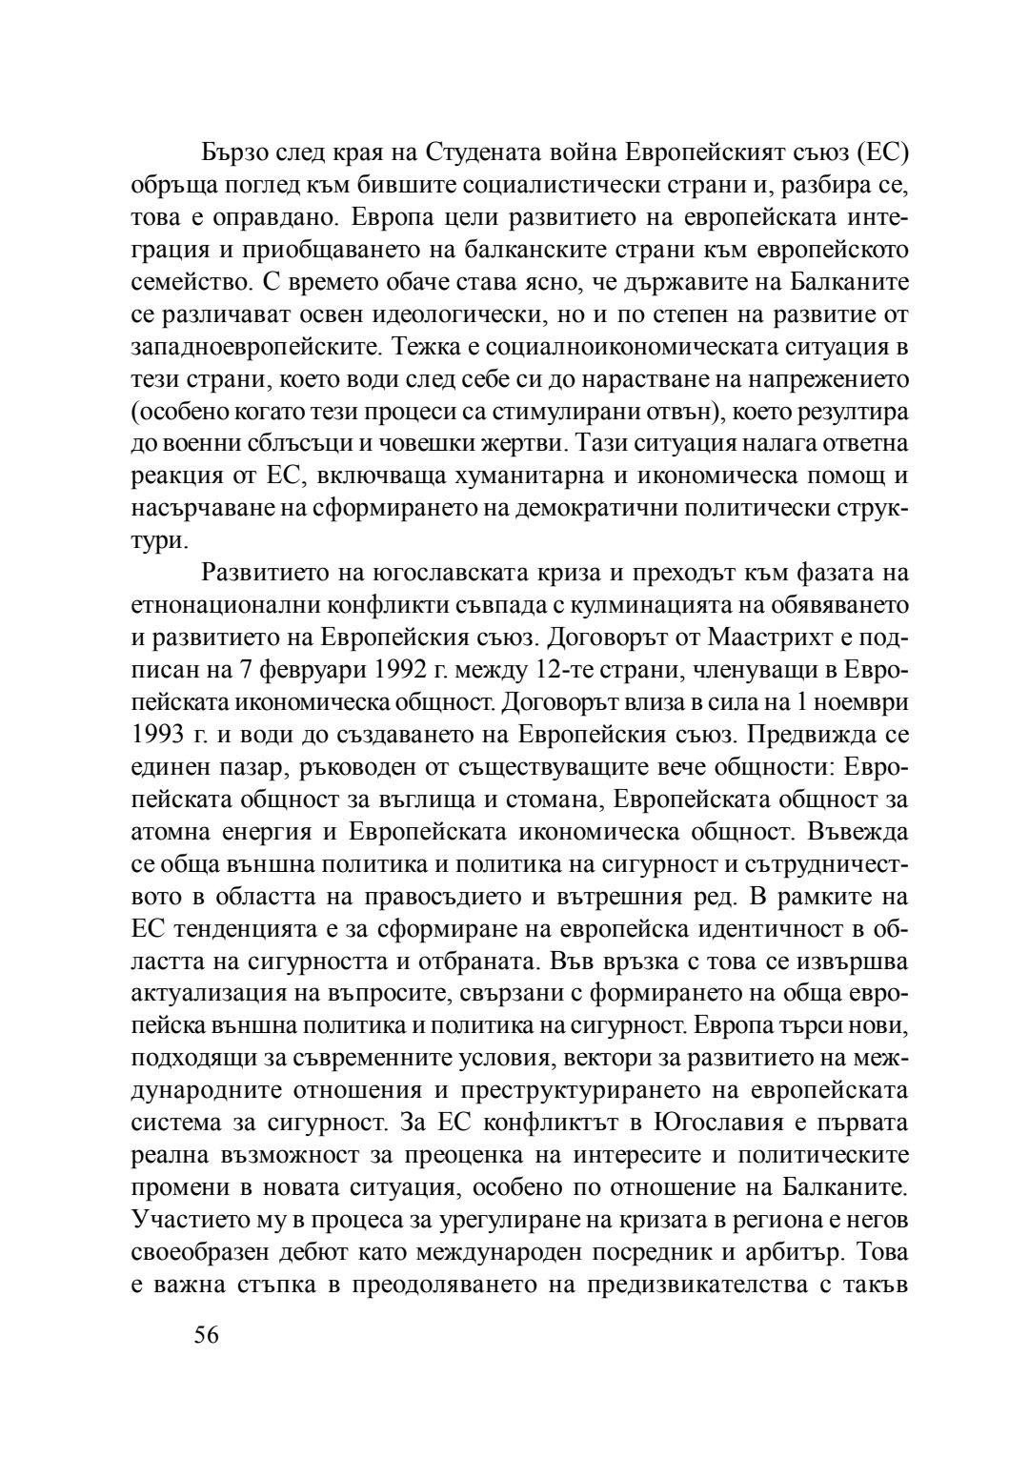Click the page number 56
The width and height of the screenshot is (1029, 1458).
pos(207,1335)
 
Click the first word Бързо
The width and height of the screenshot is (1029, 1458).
pos(235,152)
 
